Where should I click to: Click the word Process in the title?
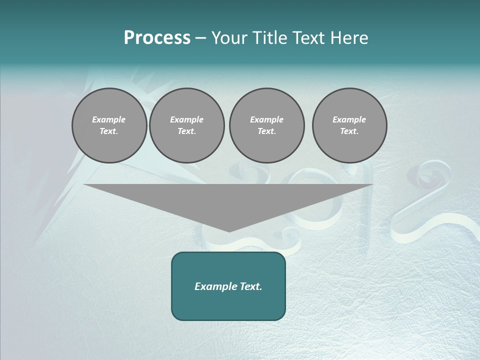click(157, 38)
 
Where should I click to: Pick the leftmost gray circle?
click(109, 125)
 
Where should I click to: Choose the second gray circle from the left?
click(187, 125)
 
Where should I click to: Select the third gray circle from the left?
click(267, 125)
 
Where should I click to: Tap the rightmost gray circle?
click(349, 125)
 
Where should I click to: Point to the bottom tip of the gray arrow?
click(229, 231)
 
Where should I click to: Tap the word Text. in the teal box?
click(251, 286)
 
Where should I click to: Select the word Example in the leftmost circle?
click(109, 119)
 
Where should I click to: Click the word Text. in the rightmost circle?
click(349, 131)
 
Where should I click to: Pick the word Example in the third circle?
click(267, 119)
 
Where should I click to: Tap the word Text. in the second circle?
click(187, 131)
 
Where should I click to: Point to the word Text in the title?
click(309, 38)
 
